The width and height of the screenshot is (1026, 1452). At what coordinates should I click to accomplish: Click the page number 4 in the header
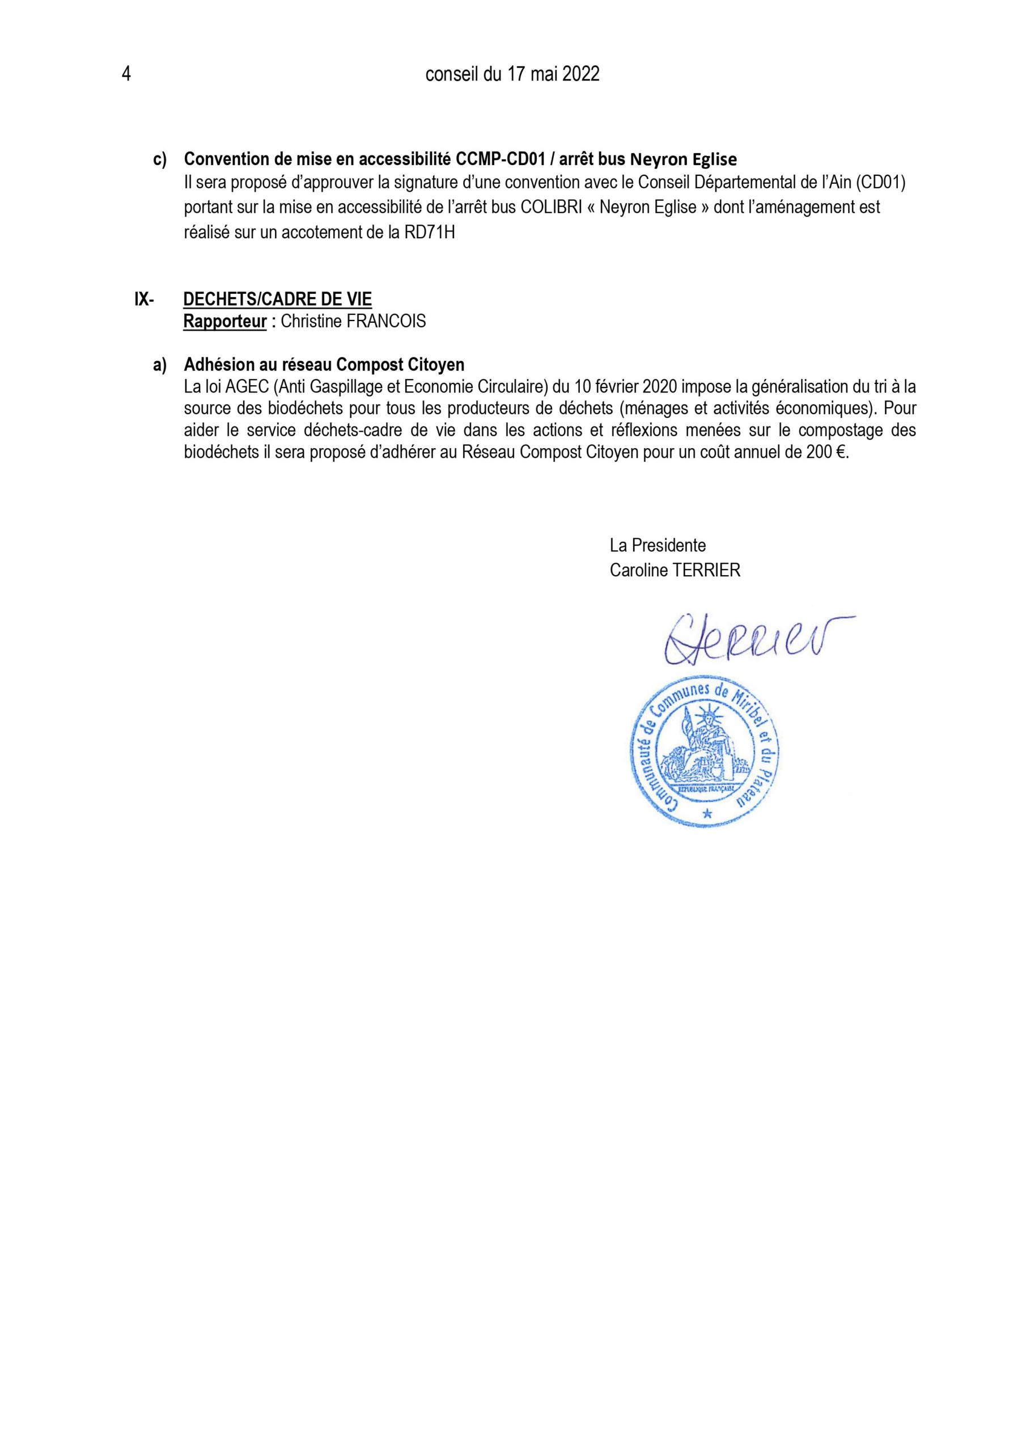(126, 75)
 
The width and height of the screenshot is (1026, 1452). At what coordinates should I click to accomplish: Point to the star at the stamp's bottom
(707, 814)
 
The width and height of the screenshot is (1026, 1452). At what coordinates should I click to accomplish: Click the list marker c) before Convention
(159, 159)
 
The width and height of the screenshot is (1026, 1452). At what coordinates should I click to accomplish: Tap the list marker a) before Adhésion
(159, 365)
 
